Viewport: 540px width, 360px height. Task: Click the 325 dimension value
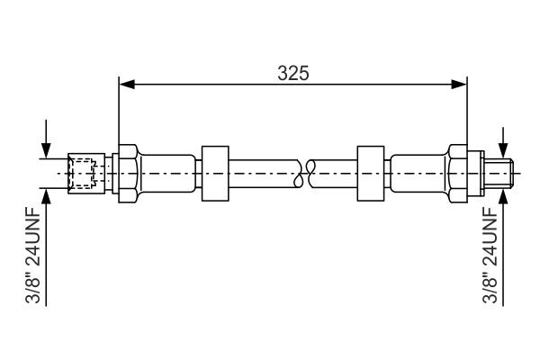pyautogui.click(x=293, y=74)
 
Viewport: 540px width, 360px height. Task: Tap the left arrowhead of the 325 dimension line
pyautogui.click(x=127, y=85)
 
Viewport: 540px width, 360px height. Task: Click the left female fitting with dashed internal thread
pyautogui.click(x=85, y=171)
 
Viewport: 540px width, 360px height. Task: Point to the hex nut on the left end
pyautogui.click(x=127, y=171)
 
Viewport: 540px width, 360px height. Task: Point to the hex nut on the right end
pyautogui.click(x=459, y=171)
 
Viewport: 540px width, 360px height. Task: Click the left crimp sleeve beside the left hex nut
pyautogui.click(x=166, y=171)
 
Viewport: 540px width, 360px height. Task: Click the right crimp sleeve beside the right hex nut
pyautogui.click(x=418, y=171)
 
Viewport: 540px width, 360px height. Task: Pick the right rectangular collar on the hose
pyautogui.click(x=371, y=171)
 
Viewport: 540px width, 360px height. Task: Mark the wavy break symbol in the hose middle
pyautogui.click(x=309, y=171)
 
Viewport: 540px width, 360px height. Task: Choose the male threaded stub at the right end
pyautogui.click(x=500, y=171)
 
